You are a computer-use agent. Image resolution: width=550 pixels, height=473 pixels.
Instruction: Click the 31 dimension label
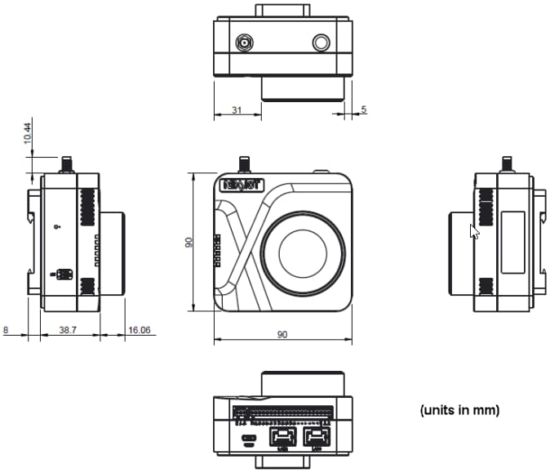235,109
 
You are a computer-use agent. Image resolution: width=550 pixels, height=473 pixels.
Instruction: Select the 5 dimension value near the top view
364,109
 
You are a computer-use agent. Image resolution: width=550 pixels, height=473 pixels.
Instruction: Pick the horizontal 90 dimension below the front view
282,335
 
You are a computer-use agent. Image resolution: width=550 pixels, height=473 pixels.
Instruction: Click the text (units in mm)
459,409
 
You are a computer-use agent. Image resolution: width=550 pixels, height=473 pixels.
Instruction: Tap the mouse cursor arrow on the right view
475,230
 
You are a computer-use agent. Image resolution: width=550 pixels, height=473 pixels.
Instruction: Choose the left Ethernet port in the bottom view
281,437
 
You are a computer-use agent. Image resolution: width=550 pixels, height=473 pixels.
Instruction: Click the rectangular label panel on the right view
512,243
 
